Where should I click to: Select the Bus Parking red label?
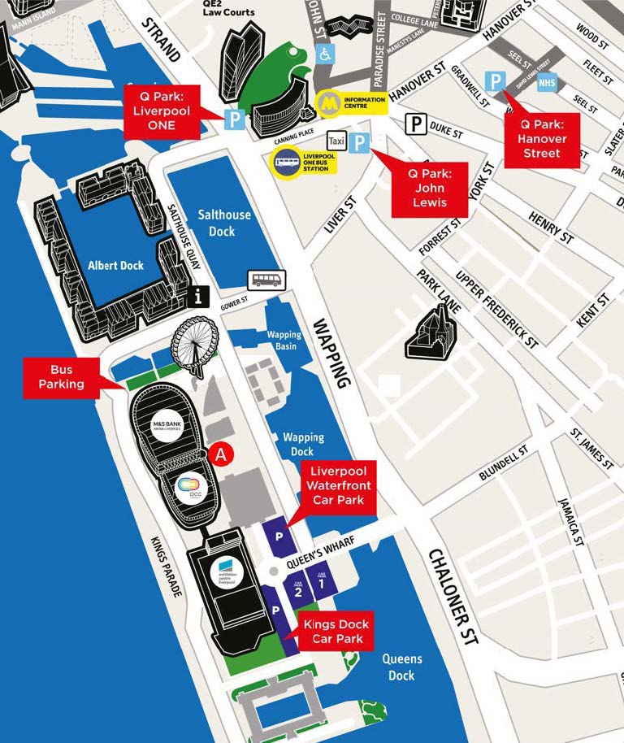click(x=61, y=376)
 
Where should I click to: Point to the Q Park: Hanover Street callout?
click(x=542, y=139)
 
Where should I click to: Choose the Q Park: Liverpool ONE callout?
click(x=161, y=109)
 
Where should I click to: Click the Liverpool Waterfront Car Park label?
click(x=339, y=485)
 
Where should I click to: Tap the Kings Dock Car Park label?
click(x=337, y=632)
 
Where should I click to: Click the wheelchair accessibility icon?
click(x=323, y=55)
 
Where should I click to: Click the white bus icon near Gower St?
click(x=266, y=280)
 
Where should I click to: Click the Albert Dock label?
click(x=117, y=265)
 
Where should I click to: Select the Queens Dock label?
click(x=401, y=667)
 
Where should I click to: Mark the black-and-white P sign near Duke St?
click(x=417, y=124)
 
